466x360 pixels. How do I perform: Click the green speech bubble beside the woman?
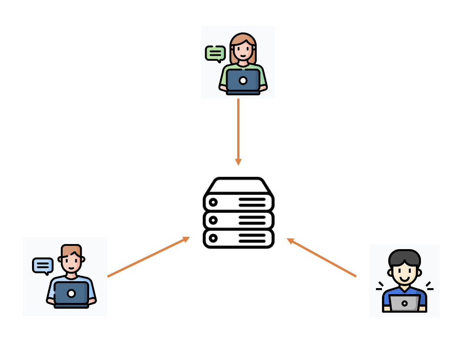215,53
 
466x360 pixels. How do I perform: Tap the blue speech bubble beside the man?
43,265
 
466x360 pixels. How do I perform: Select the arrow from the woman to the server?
238,130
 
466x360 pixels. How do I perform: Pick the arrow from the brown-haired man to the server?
149,257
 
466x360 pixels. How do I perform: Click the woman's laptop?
243,81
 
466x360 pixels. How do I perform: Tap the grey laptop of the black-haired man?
405,303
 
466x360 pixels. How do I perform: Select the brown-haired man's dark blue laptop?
71,293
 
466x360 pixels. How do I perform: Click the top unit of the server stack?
239,202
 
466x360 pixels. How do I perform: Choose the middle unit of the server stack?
239,220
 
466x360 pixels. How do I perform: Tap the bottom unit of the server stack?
239,238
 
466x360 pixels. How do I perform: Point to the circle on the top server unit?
213,202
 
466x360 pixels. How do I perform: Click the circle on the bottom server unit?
213,238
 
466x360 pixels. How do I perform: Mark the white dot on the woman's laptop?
243,80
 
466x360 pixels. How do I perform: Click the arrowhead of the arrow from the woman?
238,161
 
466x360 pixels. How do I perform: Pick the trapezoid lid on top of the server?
239,186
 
